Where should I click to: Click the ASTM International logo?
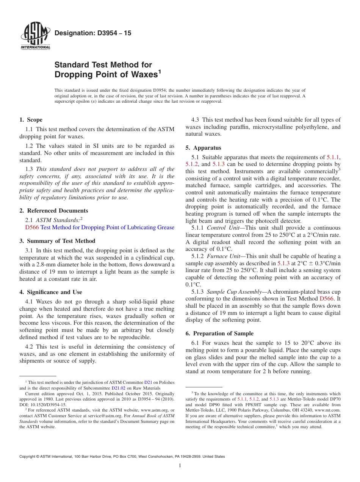(35, 36)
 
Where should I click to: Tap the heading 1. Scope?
(31, 120)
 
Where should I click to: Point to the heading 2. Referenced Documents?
(53, 211)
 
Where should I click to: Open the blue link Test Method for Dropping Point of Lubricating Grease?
(107, 227)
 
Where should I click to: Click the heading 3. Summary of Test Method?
(57, 241)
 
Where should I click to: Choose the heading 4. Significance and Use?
(50, 292)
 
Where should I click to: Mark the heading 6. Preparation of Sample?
(219, 333)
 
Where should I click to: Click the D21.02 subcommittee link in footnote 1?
(118, 388)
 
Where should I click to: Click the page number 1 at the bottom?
(180, 466)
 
